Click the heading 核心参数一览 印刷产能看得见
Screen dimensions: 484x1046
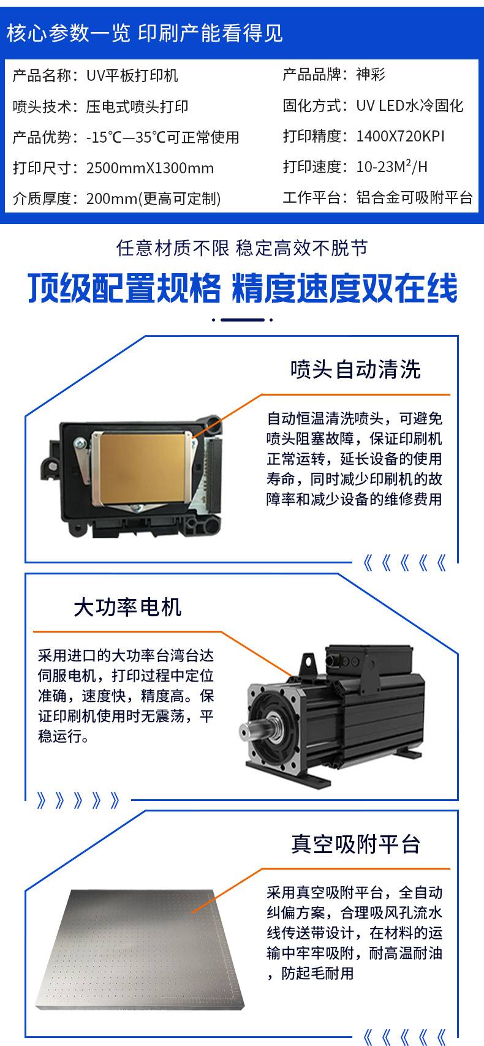(x=145, y=33)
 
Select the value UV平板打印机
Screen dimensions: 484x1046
(x=132, y=75)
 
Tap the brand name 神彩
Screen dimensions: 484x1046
(x=371, y=74)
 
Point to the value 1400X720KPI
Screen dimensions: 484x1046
(x=401, y=136)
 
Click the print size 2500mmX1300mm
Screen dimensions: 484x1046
(x=150, y=168)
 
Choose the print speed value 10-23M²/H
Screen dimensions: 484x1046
(x=392, y=166)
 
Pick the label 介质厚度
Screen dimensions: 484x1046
(x=42, y=198)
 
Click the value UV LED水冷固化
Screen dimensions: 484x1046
(x=410, y=105)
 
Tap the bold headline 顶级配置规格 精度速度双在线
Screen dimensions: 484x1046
(x=243, y=288)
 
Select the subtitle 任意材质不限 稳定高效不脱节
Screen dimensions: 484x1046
(x=242, y=248)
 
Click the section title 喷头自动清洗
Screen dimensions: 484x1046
(x=355, y=369)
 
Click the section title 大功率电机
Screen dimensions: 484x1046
(x=127, y=608)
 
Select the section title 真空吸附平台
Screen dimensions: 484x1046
(x=355, y=844)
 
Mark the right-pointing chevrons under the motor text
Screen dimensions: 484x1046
(x=78, y=800)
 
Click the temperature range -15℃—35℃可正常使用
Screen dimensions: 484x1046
(x=162, y=137)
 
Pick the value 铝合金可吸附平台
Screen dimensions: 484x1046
(x=414, y=197)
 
